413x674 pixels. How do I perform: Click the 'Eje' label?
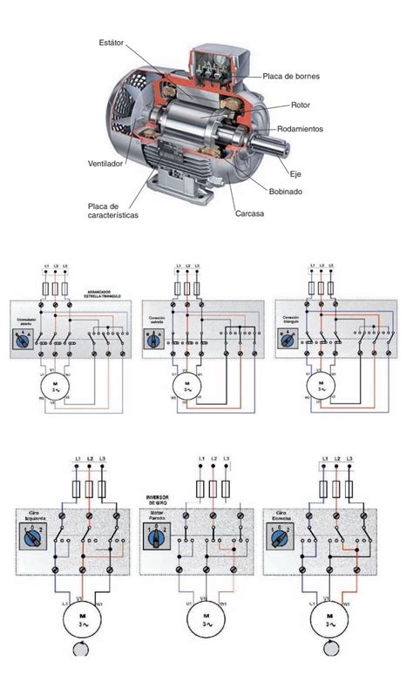pyautogui.click(x=295, y=174)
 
